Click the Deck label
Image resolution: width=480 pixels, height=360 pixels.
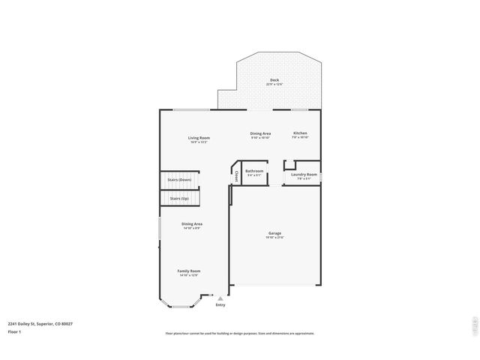pyautogui.click(x=274, y=79)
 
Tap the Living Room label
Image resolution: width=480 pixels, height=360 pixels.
pyautogui.click(x=199, y=138)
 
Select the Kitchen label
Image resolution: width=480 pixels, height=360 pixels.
pyautogui.click(x=300, y=133)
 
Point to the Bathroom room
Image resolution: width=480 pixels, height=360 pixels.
pyautogui.click(x=254, y=172)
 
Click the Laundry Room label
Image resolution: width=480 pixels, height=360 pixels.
pyautogui.click(x=304, y=174)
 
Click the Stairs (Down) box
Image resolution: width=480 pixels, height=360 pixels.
pyautogui.click(x=180, y=180)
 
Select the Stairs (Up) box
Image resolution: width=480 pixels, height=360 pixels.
pyautogui.click(x=180, y=199)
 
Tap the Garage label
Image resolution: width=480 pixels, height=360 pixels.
pyautogui.click(x=274, y=233)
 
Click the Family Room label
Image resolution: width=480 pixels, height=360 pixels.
pyautogui.click(x=189, y=271)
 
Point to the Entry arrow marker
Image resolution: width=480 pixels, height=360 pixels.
pyautogui.click(x=220, y=298)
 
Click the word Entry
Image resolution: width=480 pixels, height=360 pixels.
pyautogui.click(x=220, y=304)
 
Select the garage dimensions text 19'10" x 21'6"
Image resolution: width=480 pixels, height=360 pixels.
pyautogui.click(x=274, y=238)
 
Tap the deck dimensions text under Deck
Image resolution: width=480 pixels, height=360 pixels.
pyautogui.click(x=274, y=84)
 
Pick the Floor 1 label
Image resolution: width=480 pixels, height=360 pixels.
pyautogui.click(x=14, y=331)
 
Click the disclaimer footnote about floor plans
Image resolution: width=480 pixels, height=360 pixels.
pyautogui.click(x=239, y=334)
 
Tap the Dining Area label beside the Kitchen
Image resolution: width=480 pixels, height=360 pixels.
pyautogui.click(x=260, y=133)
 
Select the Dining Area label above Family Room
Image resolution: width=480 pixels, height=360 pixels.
pyautogui.click(x=192, y=223)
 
